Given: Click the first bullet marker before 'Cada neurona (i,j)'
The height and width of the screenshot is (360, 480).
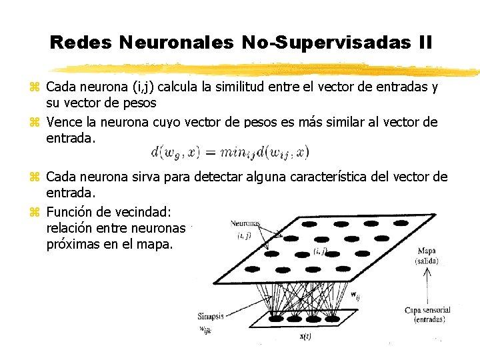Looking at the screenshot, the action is (x=35, y=87).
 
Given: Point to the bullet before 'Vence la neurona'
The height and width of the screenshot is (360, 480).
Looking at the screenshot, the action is (x=35, y=122).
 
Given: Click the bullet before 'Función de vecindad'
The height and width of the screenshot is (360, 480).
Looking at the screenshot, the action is (x=35, y=211).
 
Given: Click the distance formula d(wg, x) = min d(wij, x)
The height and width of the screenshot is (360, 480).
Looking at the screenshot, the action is (x=230, y=152).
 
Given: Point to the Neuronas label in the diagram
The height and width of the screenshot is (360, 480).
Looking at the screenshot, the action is (x=246, y=224).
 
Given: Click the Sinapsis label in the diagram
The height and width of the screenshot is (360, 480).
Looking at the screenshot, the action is (x=211, y=316).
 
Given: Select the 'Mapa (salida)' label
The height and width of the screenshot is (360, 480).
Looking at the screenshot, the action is (x=427, y=256).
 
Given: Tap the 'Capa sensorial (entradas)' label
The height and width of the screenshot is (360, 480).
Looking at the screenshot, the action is (x=427, y=315).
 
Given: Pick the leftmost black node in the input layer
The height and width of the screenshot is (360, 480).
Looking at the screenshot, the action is (x=273, y=319).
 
